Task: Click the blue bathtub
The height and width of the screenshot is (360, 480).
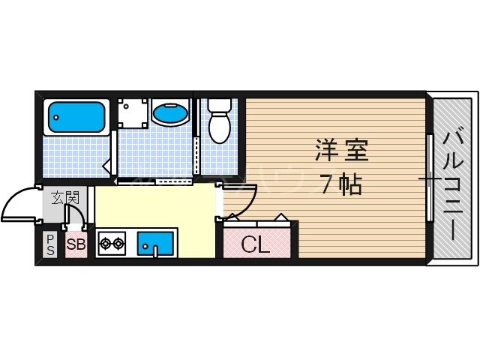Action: [76, 116]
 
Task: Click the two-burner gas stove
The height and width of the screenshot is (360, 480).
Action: [112, 244]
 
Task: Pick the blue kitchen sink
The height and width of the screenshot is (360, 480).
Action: [156, 243]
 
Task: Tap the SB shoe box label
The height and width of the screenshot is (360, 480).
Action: [75, 244]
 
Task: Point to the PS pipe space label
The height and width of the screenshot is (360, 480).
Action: [50, 244]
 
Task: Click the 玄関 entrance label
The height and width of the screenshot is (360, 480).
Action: [64, 199]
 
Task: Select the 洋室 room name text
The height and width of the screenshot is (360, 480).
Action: [340, 151]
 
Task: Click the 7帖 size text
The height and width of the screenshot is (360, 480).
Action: [340, 184]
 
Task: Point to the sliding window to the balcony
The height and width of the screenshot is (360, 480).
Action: [430, 178]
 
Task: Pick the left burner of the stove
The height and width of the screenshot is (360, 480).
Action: [106, 244]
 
